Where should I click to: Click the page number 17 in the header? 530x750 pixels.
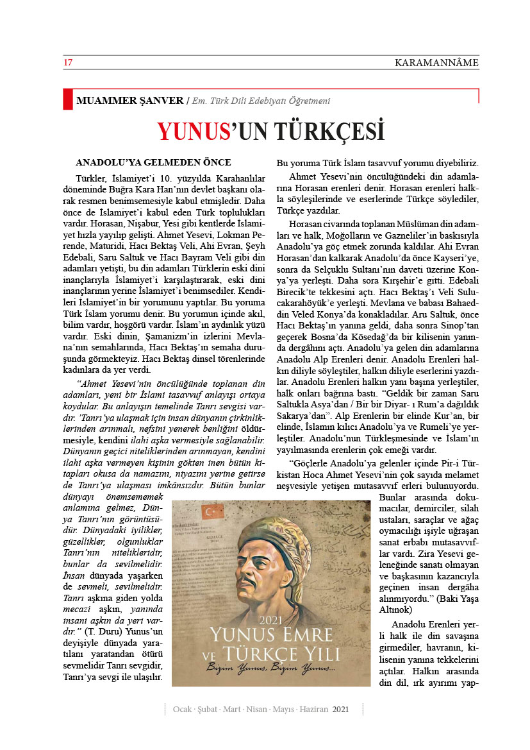(67, 63)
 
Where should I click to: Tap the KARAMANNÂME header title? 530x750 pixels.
(436, 63)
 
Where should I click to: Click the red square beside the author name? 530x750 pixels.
(68, 100)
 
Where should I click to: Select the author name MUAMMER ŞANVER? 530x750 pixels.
(130, 101)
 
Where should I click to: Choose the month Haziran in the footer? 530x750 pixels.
(312, 710)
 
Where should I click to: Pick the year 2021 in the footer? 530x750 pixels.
(341, 710)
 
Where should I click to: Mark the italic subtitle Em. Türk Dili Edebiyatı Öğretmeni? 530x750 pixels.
(262, 101)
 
